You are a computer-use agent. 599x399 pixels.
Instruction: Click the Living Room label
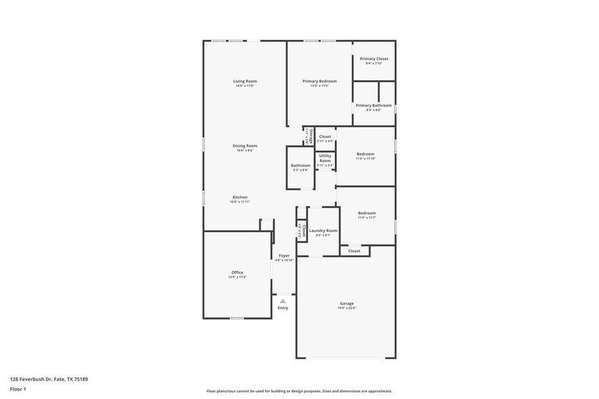[x=246, y=81]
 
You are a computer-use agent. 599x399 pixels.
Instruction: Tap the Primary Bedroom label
[x=319, y=81]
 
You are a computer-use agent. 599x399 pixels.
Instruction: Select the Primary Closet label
[x=374, y=59]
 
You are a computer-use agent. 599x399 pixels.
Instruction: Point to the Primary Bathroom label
[x=374, y=105]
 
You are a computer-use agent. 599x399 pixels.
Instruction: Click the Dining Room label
[x=246, y=146]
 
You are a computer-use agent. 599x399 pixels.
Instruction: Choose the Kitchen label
[x=240, y=197]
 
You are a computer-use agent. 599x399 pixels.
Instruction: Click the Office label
[x=237, y=273]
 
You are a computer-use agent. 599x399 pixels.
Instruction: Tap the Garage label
[x=347, y=303]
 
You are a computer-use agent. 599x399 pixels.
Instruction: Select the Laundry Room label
[x=323, y=231]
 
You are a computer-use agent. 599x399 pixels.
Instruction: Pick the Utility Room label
[x=325, y=158]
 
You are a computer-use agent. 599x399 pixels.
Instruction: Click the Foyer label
[x=284, y=256]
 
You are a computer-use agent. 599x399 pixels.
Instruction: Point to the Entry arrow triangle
[x=283, y=300]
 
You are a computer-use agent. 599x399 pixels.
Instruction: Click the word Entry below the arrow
[x=283, y=308]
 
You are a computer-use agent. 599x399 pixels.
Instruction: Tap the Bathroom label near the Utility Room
[x=300, y=166]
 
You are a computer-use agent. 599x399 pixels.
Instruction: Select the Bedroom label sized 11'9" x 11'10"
[x=365, y=154]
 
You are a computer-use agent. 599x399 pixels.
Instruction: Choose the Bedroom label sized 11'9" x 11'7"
[x=367, y=213]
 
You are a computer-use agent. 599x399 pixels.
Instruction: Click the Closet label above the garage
[x=355, y=251]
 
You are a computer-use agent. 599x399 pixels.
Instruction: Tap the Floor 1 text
[x=18, y=389]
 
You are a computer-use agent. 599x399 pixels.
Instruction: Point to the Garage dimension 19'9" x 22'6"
[x=347, y=308]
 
